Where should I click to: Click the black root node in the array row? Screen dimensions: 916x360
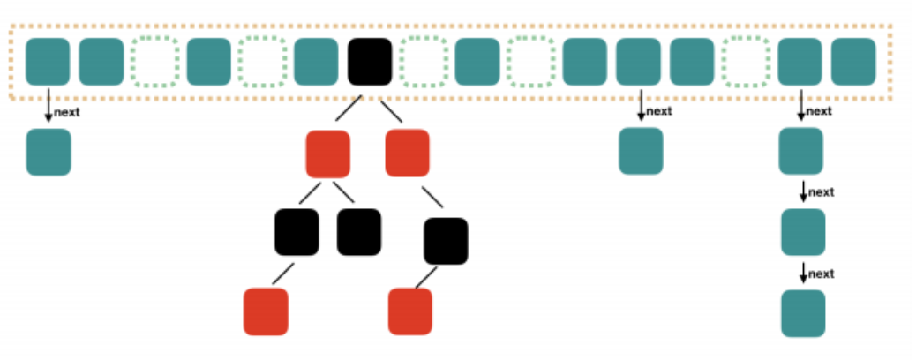click(x=370, y=62)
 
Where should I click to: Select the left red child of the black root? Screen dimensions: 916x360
click(x=327, y=154)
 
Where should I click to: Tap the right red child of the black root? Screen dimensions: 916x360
click(x=407, y=154)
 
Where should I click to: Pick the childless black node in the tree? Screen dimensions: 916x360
click(x=358, y=232)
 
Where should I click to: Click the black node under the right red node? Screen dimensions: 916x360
click(x=446, y=241)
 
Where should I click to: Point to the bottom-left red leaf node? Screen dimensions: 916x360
click(x=266, y=311)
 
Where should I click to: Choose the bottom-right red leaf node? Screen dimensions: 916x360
click(x=410, y=311)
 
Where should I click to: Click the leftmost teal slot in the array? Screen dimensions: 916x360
click(x=48, y=62)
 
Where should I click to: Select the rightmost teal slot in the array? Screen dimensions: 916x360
click(x=853, y=62)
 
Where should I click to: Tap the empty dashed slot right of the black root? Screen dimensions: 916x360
click(x=424, y=62)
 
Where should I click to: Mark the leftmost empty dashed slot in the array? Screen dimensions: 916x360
click(x=154, y=62)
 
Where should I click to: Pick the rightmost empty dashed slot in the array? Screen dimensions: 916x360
click(x=746, y=62)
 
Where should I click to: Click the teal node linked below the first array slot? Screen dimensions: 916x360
click(x=49, y=152)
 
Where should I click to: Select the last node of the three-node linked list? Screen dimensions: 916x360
click(x=803, y=313)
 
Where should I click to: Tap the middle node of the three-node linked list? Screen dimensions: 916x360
click(x=803, y=232)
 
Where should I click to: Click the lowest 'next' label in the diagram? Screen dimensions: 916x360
click(x=821, y=274)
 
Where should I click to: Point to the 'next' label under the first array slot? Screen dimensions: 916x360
click(x=66, y=113)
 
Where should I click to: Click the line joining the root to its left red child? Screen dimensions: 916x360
click(x=349, y=109)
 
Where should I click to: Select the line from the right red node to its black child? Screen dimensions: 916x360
click(x=432, y=197)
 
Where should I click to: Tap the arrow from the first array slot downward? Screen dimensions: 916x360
click(x=49, y=105)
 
